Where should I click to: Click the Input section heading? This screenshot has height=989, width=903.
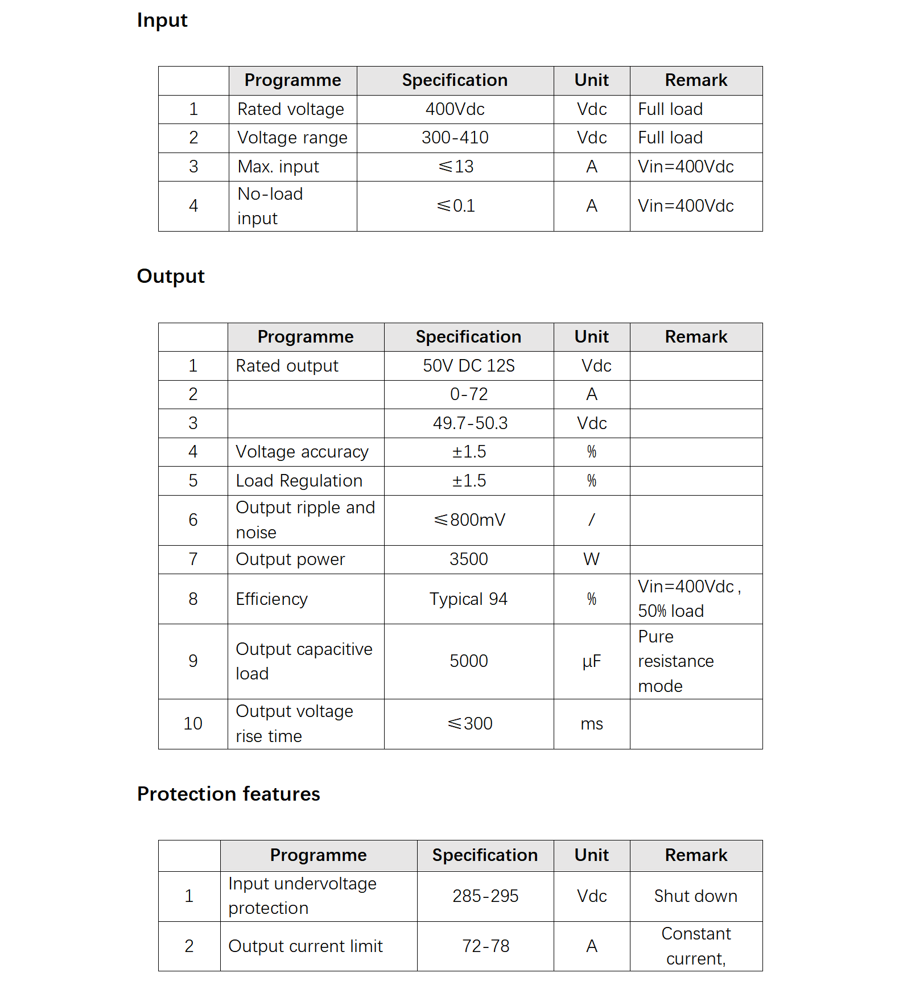162,20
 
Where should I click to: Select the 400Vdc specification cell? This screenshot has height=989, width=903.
455,109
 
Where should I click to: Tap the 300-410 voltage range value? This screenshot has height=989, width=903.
455,138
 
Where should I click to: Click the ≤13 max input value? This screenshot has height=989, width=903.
456,167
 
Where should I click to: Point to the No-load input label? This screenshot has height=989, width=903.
270,206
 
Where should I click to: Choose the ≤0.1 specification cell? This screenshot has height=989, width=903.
456,206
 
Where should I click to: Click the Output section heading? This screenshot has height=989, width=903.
171,277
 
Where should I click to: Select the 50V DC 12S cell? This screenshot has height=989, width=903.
468,366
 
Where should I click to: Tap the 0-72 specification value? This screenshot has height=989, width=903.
468,394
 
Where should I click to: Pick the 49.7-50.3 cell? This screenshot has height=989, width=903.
469,423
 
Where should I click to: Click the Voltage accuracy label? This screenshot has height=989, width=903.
302,452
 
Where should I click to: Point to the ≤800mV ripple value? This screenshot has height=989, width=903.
469,520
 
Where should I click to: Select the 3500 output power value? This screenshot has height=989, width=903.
468,559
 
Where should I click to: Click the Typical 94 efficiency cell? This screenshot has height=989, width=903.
468,599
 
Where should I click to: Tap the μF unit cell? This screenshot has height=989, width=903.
591,661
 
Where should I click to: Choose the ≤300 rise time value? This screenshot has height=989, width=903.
469,724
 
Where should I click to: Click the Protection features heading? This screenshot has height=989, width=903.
228,794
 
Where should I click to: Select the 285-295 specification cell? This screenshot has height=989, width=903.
485,896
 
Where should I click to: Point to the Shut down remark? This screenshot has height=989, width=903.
695,896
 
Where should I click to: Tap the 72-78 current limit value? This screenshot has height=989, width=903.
485,946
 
